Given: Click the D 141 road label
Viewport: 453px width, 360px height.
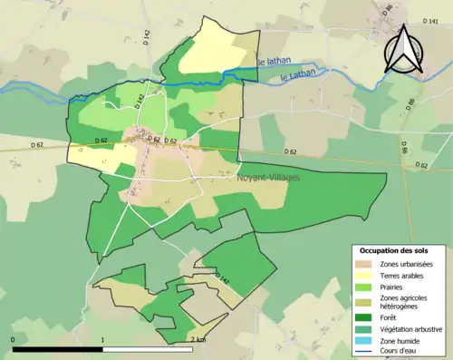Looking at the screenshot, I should coord(430,20).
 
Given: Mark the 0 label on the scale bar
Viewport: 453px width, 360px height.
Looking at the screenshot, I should coord(14,340).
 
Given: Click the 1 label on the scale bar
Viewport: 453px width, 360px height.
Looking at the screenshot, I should coord(103,340).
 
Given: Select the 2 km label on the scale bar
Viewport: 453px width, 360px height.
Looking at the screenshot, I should coord(198,340).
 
